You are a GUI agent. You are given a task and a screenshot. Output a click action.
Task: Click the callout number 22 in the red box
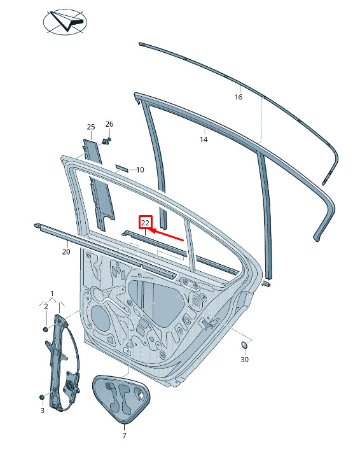(145, 223)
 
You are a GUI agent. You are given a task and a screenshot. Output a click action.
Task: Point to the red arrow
(166, 235)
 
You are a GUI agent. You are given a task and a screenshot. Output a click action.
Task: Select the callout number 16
(239, 97)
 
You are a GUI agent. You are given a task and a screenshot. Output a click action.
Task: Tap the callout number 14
(204, 139)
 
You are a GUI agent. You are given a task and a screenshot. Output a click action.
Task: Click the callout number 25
(91, 127)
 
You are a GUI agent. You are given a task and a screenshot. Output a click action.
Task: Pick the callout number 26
(109, 124)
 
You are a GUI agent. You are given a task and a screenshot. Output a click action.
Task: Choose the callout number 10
(140, 170)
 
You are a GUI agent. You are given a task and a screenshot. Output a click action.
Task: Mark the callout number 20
(66, 251)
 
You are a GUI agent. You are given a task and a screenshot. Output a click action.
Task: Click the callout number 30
(244, 360)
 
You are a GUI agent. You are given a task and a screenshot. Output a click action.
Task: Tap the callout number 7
(125, 435)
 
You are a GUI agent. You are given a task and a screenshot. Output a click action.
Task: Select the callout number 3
(42, 411)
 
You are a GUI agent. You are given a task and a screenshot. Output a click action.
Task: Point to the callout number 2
(46, 306)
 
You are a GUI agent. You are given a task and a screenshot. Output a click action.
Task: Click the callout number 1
(52, 293)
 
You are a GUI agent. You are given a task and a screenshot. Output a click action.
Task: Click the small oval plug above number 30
(244, 345)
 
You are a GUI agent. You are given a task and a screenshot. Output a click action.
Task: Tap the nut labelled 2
(45, 329)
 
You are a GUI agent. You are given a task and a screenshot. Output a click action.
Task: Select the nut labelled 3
(41, 397)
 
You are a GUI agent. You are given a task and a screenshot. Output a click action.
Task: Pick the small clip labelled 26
(107, 141)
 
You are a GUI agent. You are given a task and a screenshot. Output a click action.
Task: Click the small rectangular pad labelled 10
(121, 168)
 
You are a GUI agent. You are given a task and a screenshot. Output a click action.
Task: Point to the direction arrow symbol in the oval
(67, 21)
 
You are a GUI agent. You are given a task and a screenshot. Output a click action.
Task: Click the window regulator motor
(71, 383)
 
